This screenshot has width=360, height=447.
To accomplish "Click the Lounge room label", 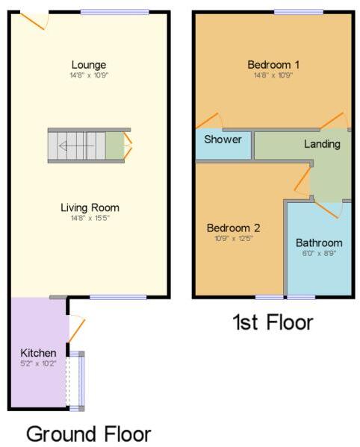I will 89,65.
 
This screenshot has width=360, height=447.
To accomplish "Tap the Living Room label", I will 90,207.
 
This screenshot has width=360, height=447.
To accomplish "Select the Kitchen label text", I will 39,352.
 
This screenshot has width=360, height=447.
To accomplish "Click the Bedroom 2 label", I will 233,228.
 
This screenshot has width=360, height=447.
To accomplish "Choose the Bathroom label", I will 319,243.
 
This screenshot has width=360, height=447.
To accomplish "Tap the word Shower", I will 223,140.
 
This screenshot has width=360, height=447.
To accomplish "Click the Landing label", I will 322,143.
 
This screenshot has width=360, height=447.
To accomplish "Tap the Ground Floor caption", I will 89,434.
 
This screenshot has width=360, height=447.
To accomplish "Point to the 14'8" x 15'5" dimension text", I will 90,219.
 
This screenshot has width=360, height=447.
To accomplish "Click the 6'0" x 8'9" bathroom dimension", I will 319,253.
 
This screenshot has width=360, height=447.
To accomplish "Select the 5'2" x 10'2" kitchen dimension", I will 39,363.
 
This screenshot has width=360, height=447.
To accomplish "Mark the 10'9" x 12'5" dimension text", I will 233,238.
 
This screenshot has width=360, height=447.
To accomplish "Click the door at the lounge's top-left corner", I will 34,20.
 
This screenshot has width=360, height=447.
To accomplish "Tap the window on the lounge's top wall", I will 114,11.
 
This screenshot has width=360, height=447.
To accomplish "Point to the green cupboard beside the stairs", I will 114,146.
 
